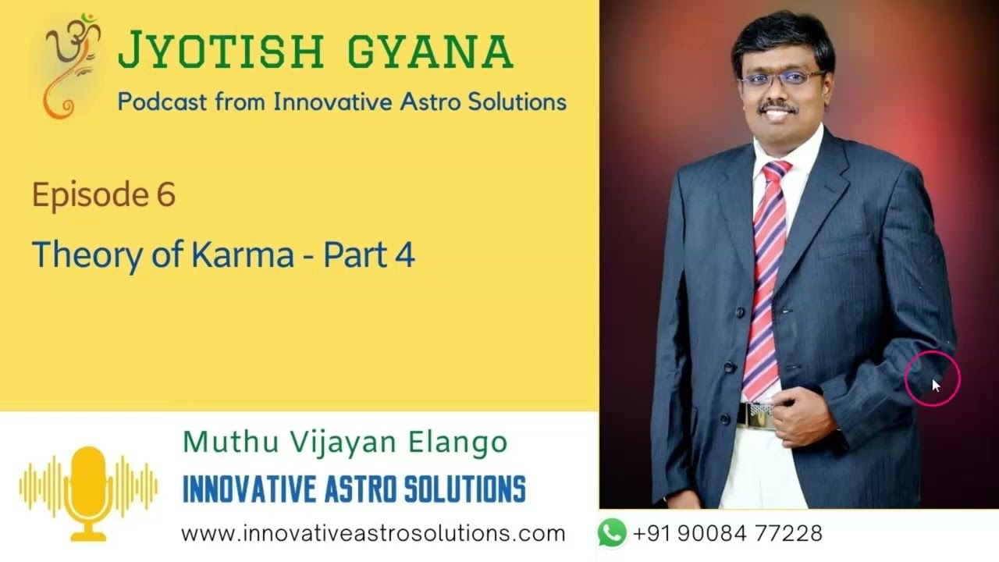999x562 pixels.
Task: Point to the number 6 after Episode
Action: tap(166, 194)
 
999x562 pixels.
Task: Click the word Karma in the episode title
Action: tap(243, 254)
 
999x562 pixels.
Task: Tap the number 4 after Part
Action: tap(405, 255)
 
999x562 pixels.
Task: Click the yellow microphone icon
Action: tap(88, 493)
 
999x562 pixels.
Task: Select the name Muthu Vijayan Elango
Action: tap(345, 442)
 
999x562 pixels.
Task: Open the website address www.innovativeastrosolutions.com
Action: tap(373, 533)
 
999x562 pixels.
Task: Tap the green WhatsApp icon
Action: tap(612, 532)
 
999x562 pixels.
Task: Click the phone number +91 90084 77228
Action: tap(727, 533)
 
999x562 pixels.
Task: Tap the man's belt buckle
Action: tap(756, 414)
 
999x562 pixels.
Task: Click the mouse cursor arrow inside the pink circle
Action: tap(936, 386)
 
